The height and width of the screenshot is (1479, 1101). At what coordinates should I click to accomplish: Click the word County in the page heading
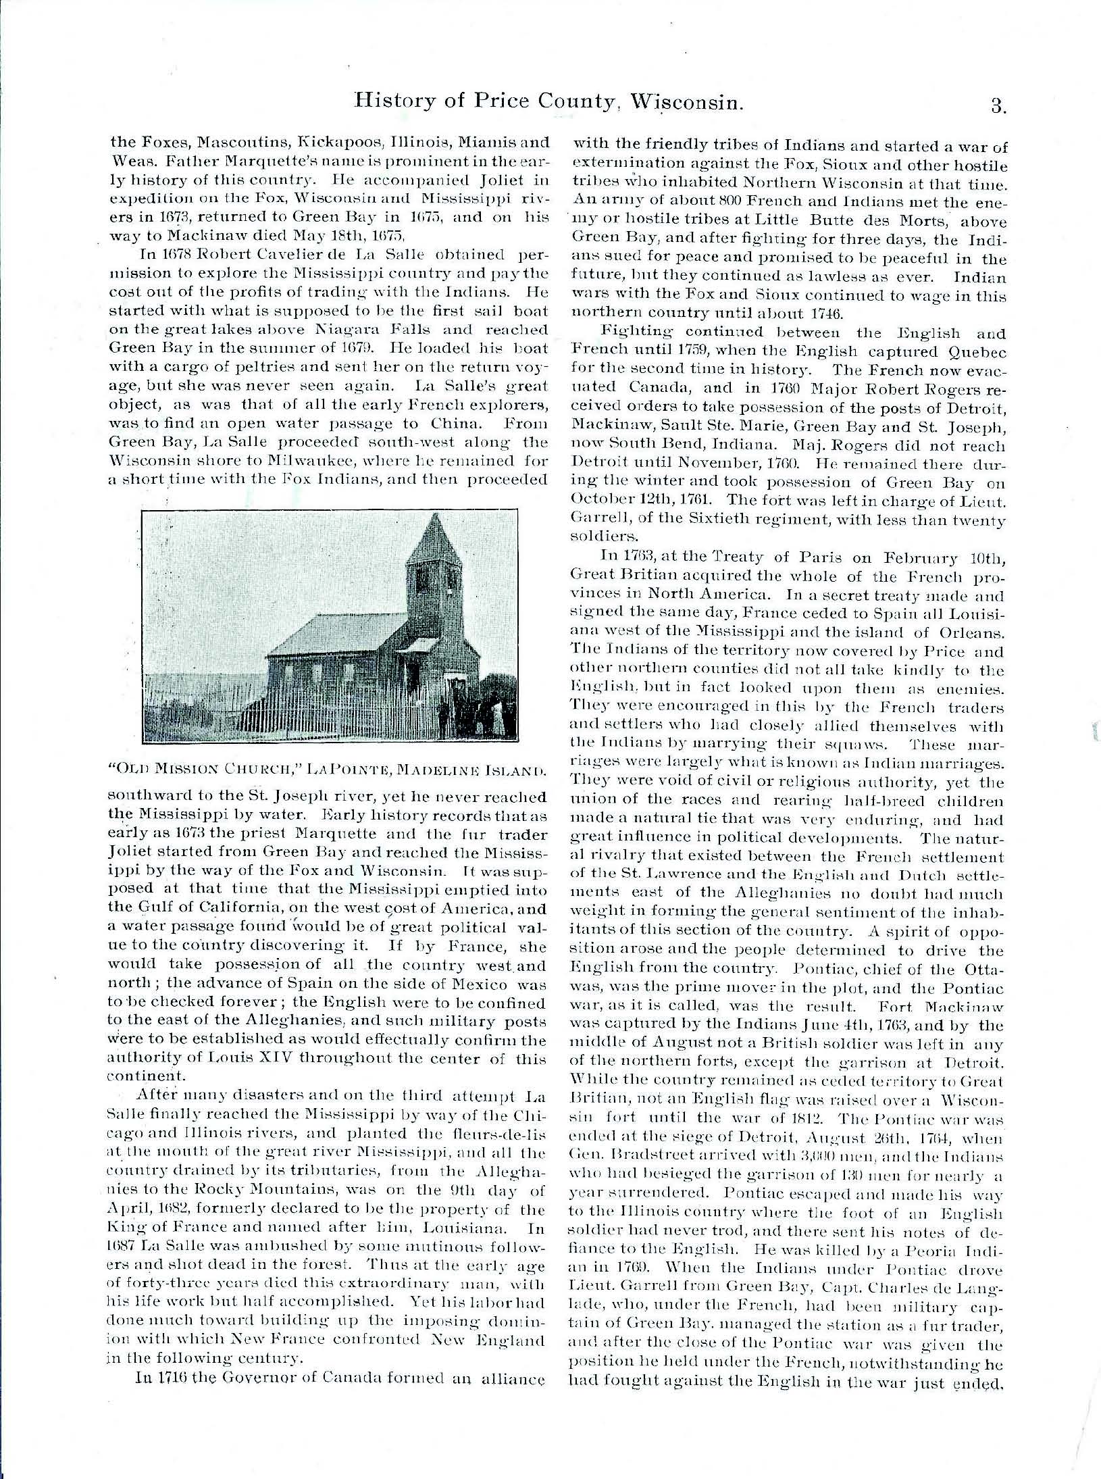click(566, 104)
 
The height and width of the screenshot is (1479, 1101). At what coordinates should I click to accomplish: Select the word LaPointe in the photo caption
click(347, 768)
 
